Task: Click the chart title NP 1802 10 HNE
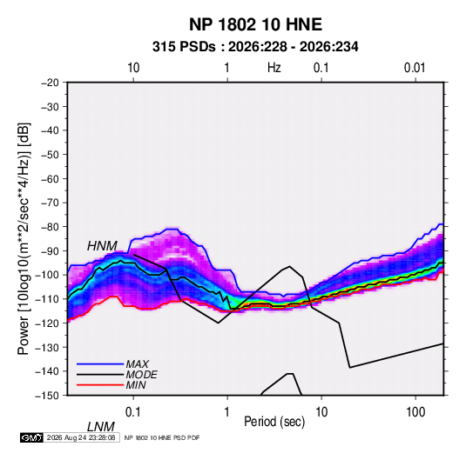(x=255, y=24)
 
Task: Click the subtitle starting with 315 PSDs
(x=255, y=47)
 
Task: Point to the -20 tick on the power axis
(x=50, y=83)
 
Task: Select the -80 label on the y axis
(x=50, y=227)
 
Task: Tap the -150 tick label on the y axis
(x=47, y=396)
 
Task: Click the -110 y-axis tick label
(x=47, y=299)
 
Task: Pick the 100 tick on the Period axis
(x=415, y=412)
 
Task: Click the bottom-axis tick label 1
(x=227, y=412)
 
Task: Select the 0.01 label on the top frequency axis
(x=415, y=68)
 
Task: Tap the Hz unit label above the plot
(x=274, y=68)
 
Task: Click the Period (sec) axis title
(x=274, y=422)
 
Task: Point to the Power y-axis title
(x=24, y=239)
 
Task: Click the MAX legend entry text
(x=138, y=364)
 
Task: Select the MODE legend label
(x=141, y=375)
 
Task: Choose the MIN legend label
(x=136, y=385)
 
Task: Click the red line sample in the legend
(x=100, y=385)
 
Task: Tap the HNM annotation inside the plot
(x=102, y=246)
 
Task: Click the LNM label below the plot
(x=101, y=427)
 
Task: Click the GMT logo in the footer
(x=32, y=437)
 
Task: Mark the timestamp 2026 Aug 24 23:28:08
(x=81, y=437)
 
